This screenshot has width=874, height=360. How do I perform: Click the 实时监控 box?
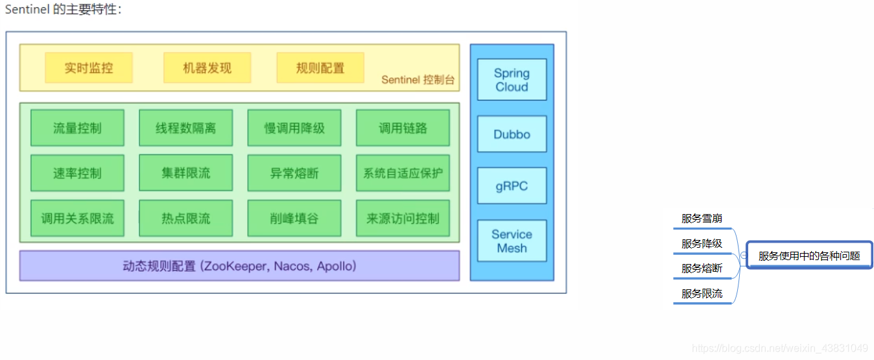(x=89, y=68)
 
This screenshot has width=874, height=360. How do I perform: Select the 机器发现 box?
(x=207, y=68)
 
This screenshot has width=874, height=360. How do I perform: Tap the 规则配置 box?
(x=320, y=68)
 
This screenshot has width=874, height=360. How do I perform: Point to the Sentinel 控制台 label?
(x=418, y=80)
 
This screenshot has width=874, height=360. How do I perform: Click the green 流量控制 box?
(x=77, y=128)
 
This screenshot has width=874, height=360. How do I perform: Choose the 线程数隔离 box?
(x=185, y=128)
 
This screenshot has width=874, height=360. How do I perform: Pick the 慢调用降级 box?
(x=294, y=128)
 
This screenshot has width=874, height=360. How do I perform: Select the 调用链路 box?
(x=403, y=128)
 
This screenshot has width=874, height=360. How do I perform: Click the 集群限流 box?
(x=185, y=173)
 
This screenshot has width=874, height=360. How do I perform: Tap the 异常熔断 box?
(x=294, y=173)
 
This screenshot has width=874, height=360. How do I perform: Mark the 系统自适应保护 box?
(x=403, y=173)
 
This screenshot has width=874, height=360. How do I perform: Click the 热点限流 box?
(x=185, y=219)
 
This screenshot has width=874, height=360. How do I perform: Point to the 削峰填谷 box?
(x=294, y=219)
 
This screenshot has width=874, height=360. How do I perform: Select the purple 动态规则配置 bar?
(x=239, y=266)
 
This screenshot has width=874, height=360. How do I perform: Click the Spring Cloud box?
(x=512, y=80)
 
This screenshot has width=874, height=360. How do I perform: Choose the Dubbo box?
(x=512, y=134)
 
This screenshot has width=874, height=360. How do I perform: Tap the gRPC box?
(x=512, y=186)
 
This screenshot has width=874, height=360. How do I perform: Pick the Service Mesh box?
(x=512, y=241)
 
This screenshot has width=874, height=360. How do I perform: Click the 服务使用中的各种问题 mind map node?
(x=809, y=256)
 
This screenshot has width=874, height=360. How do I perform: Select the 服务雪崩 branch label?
(x=702, y=219)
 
